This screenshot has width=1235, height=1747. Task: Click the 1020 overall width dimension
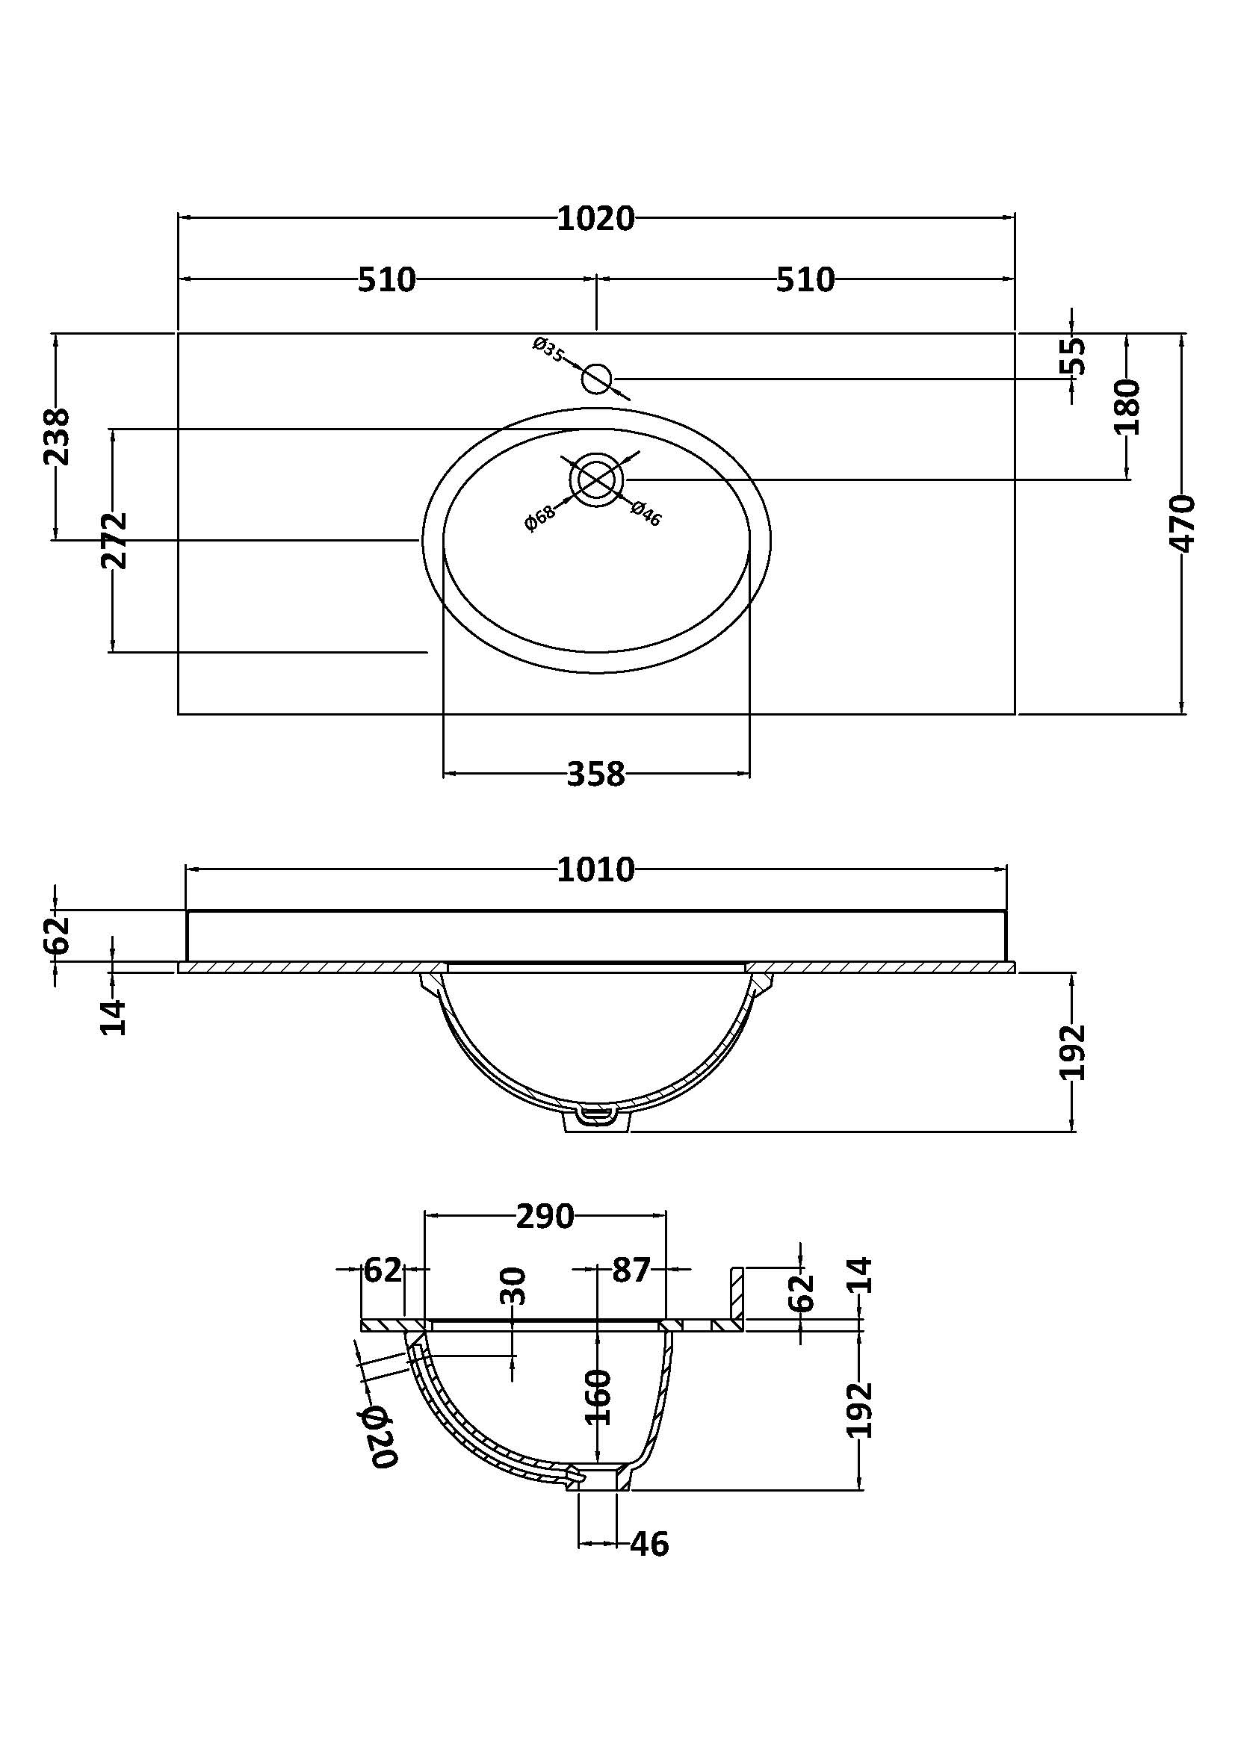tap(595, 219)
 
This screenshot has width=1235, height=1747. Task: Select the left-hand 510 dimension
tap(386, 280)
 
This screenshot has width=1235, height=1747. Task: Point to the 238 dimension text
tap(57, 437)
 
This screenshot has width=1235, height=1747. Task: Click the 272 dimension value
tap(115, 541)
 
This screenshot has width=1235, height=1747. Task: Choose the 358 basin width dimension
tap(595, 775)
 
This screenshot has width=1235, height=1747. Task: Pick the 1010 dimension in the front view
tap(595, 869)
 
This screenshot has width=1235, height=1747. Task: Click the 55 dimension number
tap(1073, 356)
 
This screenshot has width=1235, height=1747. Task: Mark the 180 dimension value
tap(1127, 406)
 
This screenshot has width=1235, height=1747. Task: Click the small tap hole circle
tap(596, 378)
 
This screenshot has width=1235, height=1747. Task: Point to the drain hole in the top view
tap(596, 480)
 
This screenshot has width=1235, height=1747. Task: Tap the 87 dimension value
tap(631, 1270)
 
